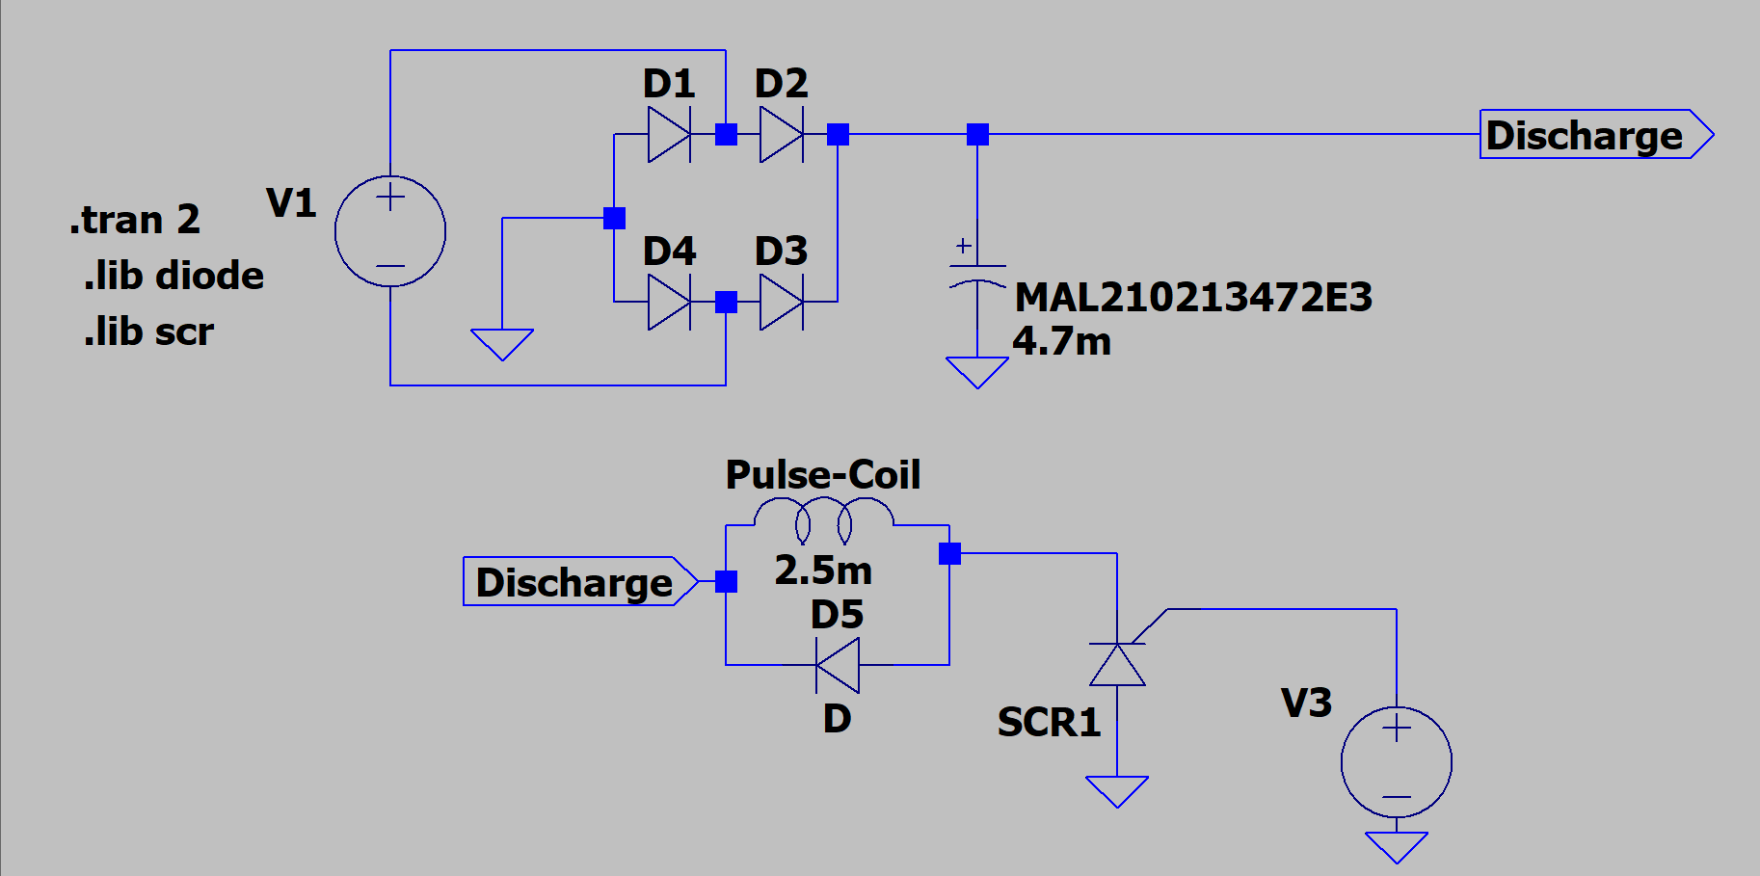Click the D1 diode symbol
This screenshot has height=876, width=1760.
pos(669,135)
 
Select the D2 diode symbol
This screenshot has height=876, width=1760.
pos(781,135)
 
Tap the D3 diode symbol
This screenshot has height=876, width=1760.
pos(781,303)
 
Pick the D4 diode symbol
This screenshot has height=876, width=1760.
pos(669,303)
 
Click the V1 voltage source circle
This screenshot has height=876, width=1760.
pos(390,231)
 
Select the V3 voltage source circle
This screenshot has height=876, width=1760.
pos(1396,762)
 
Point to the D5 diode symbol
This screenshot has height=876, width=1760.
pos(837,665)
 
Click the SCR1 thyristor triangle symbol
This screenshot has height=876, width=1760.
pos(1117,664)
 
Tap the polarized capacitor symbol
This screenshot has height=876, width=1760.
pos(977,275)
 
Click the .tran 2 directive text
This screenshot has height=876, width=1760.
pos(134,220)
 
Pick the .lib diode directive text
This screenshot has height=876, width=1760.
pos(173,276)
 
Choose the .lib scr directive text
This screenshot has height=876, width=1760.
pos(148,332)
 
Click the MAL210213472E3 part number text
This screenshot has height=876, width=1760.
pos(1193,297)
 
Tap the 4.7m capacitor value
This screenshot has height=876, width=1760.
pos(1061,341)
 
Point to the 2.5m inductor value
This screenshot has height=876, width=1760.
pos(823,571)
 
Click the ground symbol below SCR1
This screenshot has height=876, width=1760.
pos(1117,790)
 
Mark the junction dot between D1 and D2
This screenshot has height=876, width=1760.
pos(726,135)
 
